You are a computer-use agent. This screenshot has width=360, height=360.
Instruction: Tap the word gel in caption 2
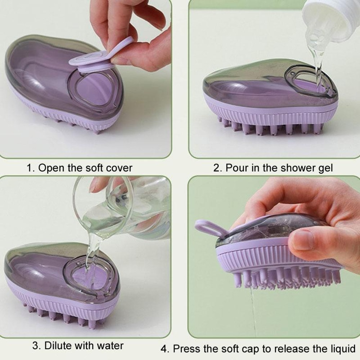325,168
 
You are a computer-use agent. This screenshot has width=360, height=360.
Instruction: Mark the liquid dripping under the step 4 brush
253,310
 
